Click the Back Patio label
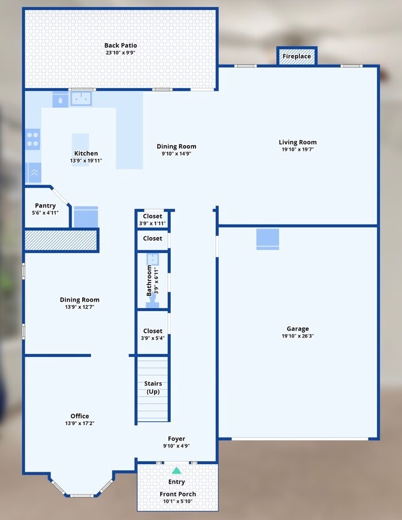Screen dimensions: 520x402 tap(121, 45)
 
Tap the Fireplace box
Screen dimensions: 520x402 tap(297, 56)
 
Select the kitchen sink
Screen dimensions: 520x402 tap(80, 98)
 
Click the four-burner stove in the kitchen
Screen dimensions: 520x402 tap(33, 139)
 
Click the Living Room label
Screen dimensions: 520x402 tap(297, 143)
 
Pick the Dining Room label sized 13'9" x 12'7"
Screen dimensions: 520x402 tap(80, 300)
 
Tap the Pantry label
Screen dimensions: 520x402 tap(45, 206)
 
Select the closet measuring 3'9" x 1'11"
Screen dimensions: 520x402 tap(152, 217)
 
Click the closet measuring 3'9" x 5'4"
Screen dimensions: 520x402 tap(152, 332)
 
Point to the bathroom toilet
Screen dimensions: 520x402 tap(152, 301)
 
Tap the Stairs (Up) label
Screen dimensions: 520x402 tap(153, 387)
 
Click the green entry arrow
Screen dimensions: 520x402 tap(176, 470)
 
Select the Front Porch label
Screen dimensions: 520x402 tap(176, 494)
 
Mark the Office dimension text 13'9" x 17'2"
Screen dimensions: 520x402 tap(79, 424)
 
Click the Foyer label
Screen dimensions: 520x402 tap(176, 439)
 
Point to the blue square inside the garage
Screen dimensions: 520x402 tap(267, 239)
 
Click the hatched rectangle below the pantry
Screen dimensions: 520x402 tap(61, 240)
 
